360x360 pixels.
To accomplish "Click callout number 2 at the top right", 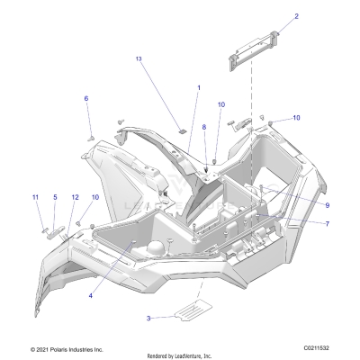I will (271, 16).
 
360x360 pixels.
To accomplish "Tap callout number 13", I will (139, 58).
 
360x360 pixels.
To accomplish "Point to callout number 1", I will (199, 87).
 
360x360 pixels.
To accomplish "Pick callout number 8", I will (204, 128).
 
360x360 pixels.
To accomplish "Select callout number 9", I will (301, 205).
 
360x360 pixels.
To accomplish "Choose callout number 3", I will (149, 318).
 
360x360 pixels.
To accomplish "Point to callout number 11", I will (35, 197).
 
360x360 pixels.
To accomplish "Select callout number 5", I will (54, 197).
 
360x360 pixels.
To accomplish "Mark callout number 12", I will (75, 197).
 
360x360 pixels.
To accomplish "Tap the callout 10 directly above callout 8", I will (220, 105).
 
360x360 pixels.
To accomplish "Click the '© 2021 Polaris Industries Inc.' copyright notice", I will (67, 348).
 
